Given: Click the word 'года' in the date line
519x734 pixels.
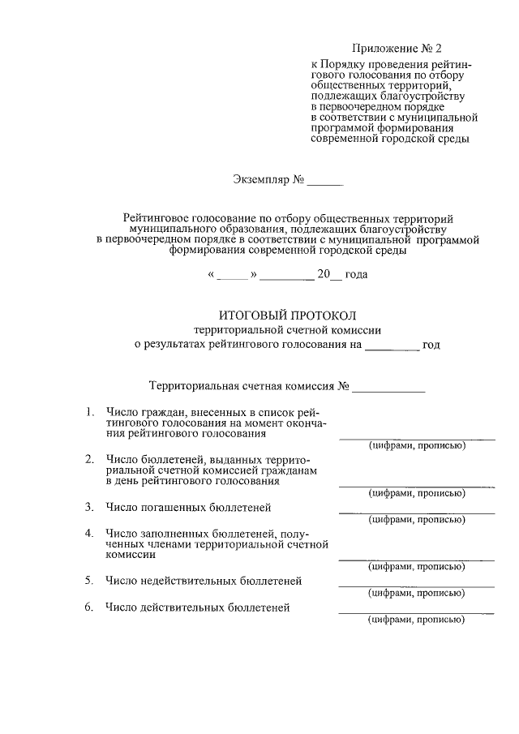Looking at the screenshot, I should click(356, 275).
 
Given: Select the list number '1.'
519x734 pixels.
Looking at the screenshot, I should click(91, 412).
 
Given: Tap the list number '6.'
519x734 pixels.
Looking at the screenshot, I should click(91, 607).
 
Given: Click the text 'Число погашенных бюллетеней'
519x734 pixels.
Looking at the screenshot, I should click(187, 508).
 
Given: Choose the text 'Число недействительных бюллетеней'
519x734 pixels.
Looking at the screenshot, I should click(204, 581).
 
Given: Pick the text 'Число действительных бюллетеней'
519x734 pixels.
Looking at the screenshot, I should click(198, 607).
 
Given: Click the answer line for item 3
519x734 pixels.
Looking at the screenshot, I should click(416, 513).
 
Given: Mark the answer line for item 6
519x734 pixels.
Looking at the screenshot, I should click(416, 613).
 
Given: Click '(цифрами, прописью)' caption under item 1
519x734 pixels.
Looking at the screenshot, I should click(416, 447).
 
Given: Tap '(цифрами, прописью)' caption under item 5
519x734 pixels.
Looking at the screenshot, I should click(416, 593).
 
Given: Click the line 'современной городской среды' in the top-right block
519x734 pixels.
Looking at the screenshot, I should click(390, 139).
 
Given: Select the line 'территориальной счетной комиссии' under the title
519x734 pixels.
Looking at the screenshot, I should click(287, 329).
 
